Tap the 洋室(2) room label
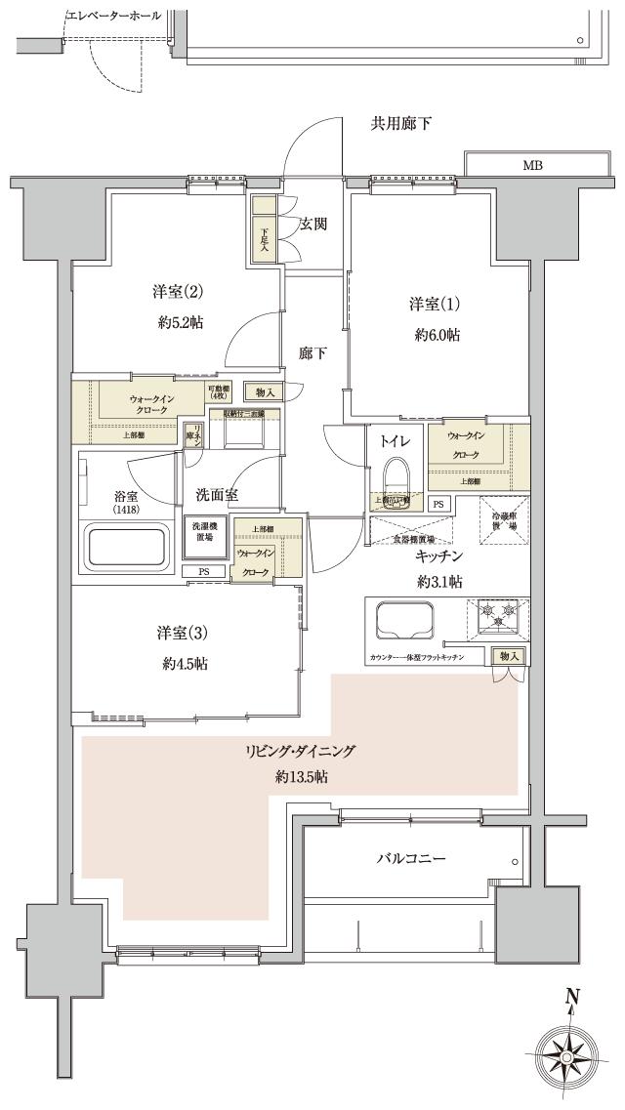(x=176, y=292)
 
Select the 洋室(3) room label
(x=183, y=633)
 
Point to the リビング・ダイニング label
(x=301, y=751)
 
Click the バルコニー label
(x=410, y=859)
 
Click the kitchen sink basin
(x=402, y=618)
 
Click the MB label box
(x=533, y=165)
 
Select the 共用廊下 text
(x=401, y=123)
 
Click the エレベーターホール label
(x=113, y=17)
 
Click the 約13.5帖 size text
(x=301, y=777)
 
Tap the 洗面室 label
(x=217, y=495)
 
